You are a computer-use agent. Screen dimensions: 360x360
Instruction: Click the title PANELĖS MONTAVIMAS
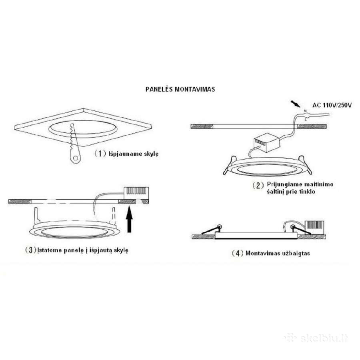pos(180,89)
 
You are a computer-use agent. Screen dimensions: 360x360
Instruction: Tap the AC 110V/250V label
pos(332,105)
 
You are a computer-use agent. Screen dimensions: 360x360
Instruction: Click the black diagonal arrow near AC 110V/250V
pos(296,104)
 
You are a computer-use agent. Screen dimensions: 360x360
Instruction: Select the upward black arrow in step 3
pos(130,219)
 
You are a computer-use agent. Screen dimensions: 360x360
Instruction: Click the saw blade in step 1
pos(74,138)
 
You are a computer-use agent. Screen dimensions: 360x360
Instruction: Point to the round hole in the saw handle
pos(75,158)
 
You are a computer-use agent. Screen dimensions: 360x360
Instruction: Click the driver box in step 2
pos(267,143)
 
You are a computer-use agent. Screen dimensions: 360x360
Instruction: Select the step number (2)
pos(258,185)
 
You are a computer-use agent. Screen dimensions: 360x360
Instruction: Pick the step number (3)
pos(30,250)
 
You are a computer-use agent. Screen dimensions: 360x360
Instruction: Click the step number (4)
pos(237,253)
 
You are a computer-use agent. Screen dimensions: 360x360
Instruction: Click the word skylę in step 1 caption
pos(151,154)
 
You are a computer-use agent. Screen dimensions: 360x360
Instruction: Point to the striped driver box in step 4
pos(314,227)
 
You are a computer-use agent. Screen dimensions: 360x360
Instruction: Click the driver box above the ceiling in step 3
pos(136,193)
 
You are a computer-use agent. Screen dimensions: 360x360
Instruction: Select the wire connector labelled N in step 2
pos(305,114)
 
